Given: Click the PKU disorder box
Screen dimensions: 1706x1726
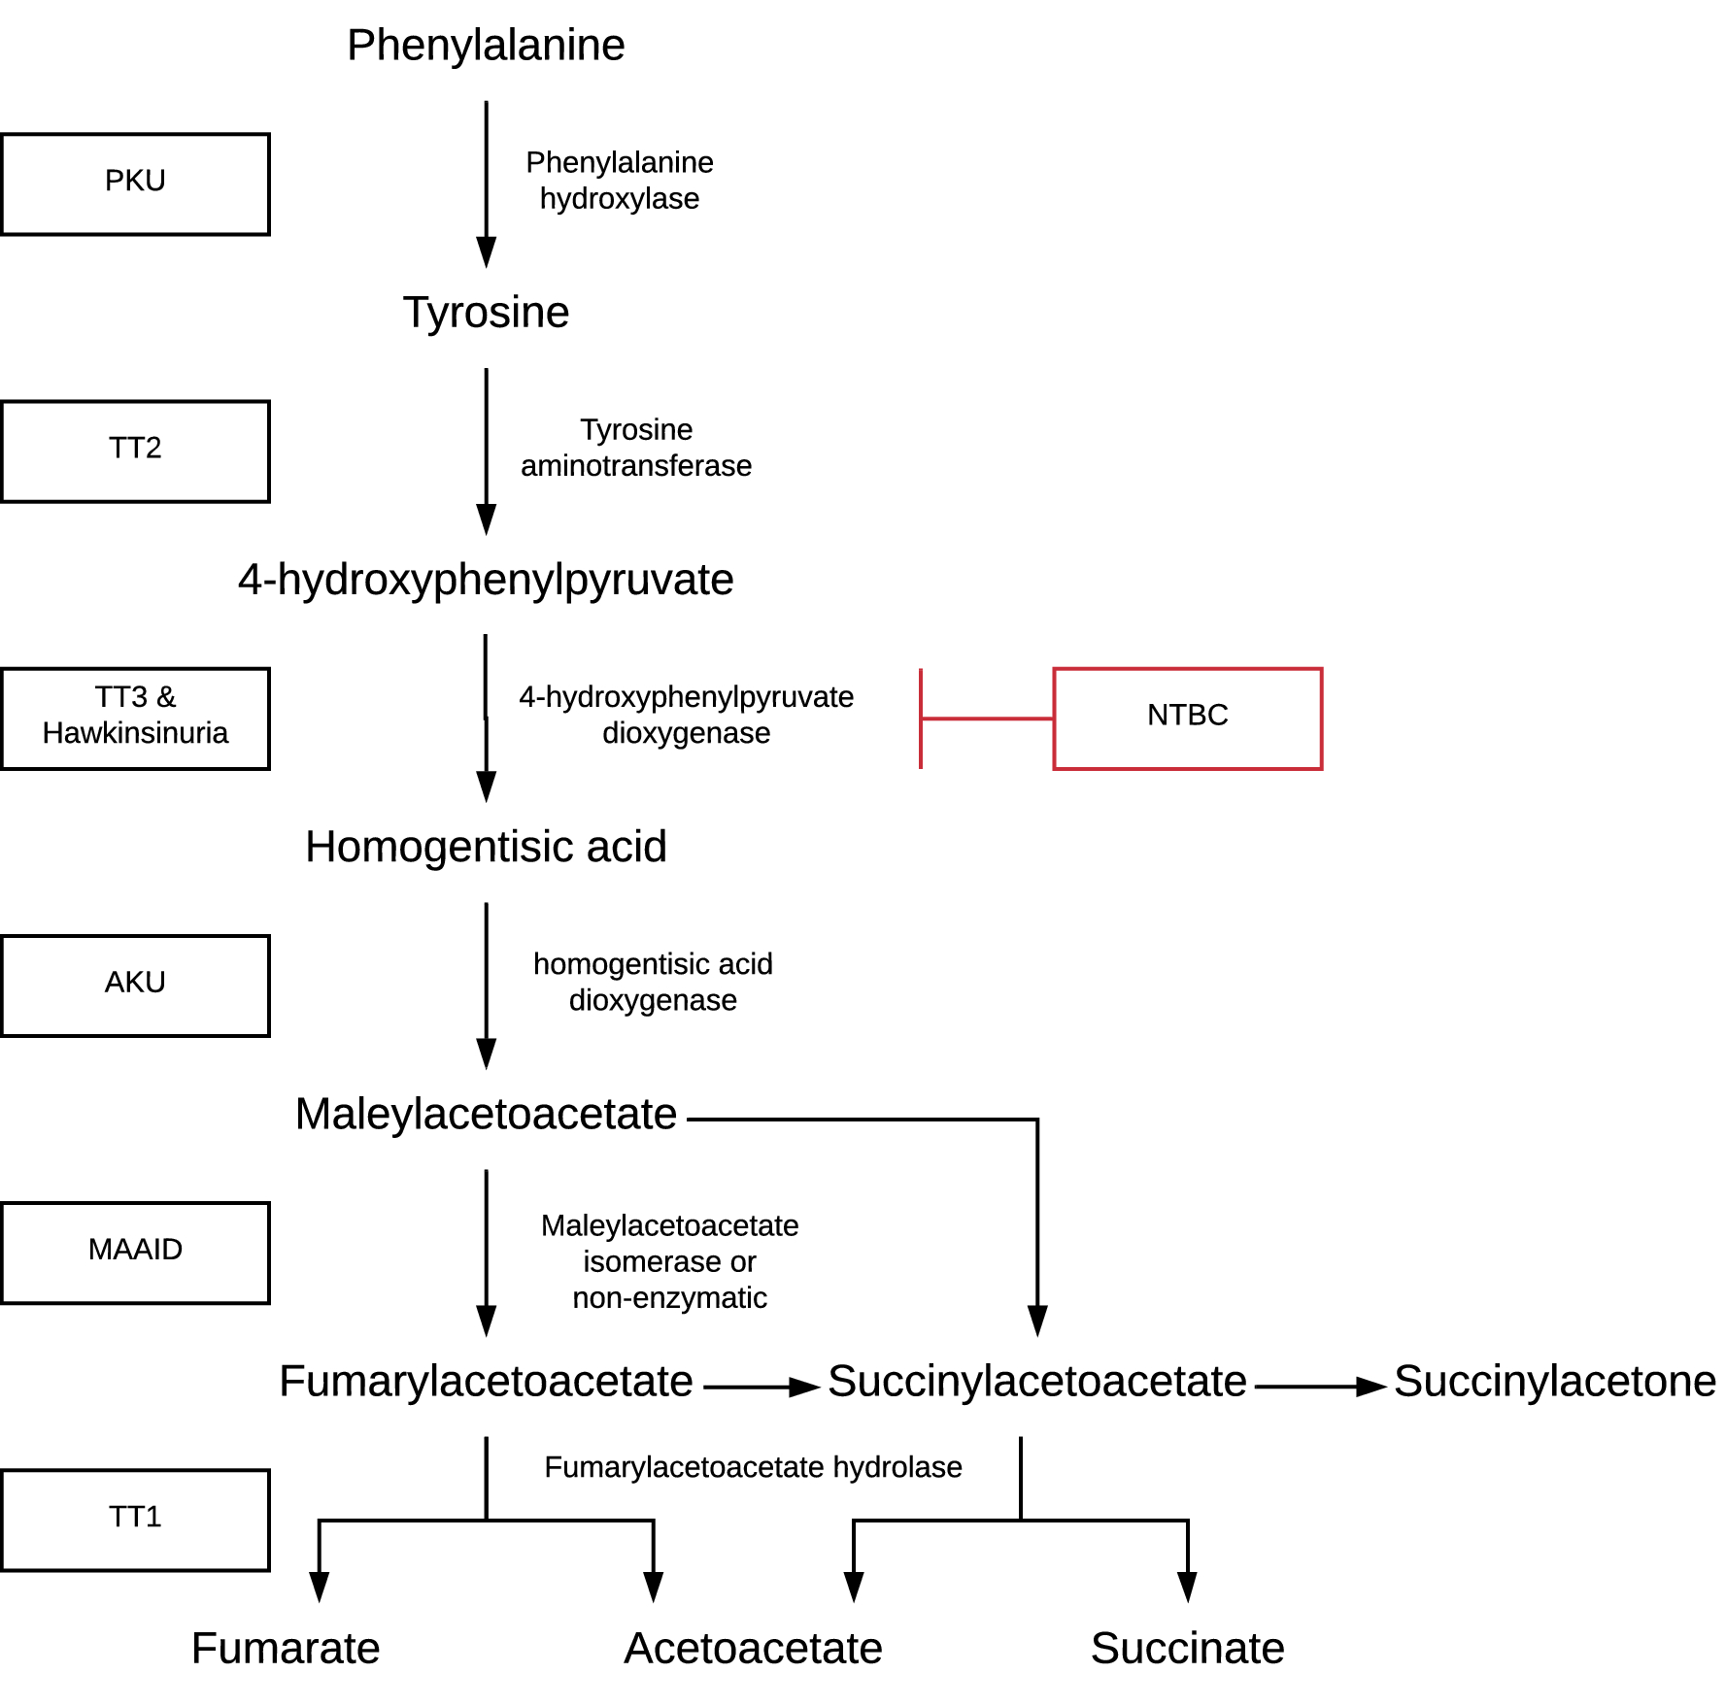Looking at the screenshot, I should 135,184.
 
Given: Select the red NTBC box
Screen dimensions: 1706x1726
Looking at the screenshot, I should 1187,719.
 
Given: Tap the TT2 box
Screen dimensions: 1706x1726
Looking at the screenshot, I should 135,451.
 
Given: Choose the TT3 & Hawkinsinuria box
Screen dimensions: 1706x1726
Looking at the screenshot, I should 135,718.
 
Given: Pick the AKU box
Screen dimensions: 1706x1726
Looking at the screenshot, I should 135,985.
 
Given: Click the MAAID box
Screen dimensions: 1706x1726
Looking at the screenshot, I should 135,1252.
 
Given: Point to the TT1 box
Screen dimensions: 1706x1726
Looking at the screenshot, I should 135,1519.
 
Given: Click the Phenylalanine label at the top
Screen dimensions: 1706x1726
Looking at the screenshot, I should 486,45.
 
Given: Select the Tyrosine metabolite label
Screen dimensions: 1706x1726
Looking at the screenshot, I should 486,313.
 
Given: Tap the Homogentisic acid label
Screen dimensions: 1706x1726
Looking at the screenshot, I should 486,847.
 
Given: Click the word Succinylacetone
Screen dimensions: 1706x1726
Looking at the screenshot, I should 1554,1381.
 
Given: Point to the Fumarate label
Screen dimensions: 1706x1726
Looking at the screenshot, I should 286,1648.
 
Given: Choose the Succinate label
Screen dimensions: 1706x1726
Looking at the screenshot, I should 1187,1648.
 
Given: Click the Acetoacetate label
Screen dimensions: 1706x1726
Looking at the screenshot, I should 753,1648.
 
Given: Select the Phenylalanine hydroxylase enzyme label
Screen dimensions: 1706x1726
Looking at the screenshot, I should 620,180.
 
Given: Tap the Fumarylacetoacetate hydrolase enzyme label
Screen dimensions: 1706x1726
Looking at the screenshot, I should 753,1466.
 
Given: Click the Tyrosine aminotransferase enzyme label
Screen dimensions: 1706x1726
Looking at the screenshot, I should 636,447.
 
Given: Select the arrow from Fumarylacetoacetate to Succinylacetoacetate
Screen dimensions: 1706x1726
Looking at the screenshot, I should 761,1387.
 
